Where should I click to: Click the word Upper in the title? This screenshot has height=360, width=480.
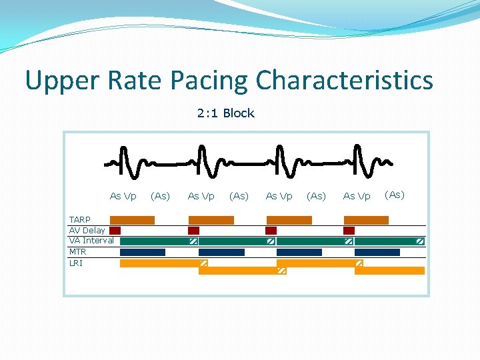pos(61,81)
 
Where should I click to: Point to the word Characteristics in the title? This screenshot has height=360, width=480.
pos(344,81)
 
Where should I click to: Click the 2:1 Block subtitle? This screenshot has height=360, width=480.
pos(225,113)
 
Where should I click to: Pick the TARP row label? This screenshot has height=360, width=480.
pos(80,220)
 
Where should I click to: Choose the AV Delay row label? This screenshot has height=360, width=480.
pos(87,231)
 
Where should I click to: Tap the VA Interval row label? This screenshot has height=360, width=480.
pos(91,241)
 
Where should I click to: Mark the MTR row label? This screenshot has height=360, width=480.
pos(77,252)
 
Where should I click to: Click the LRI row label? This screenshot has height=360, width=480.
pos(75,263)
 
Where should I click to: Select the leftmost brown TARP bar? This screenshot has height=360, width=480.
pos(132,220)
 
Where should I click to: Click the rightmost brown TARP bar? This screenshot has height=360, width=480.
pos(366,220)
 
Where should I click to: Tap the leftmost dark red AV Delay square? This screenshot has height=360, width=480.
pos(115,231)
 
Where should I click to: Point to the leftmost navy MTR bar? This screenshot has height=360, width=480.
pos(143,252)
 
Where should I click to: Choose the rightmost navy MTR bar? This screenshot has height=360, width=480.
pos(377,252)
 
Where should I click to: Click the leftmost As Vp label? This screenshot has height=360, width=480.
pos(123,196)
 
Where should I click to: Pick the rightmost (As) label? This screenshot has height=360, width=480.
pos(395,195)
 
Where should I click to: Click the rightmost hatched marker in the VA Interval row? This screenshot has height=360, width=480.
pos(420,241)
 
